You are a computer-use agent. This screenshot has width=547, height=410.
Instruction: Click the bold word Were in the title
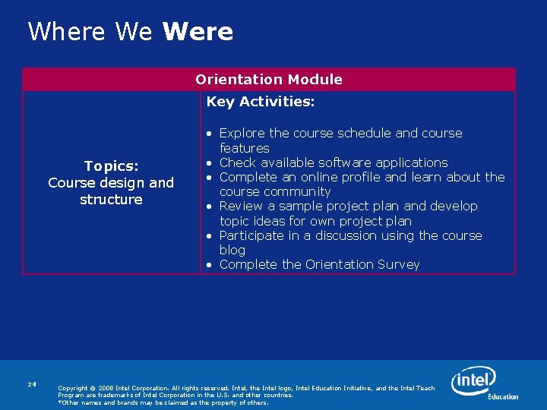(198, 32)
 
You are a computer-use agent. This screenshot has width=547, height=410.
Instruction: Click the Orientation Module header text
(269, 79)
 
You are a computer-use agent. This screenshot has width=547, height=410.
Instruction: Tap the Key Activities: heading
(261, 101)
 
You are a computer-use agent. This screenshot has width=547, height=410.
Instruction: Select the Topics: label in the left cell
(111, 166)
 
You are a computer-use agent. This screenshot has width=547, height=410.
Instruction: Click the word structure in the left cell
(111, 199)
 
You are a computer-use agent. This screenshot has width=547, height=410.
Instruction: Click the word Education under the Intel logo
(503, 396)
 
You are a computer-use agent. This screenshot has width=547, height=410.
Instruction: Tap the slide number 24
(32, 384)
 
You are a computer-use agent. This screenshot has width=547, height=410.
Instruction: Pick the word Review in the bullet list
(241, 206)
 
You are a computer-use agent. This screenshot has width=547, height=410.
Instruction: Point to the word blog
(232, 250)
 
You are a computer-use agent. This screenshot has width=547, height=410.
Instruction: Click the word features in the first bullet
(244, 148)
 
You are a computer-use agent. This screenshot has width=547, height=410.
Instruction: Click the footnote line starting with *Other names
(163, 402)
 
